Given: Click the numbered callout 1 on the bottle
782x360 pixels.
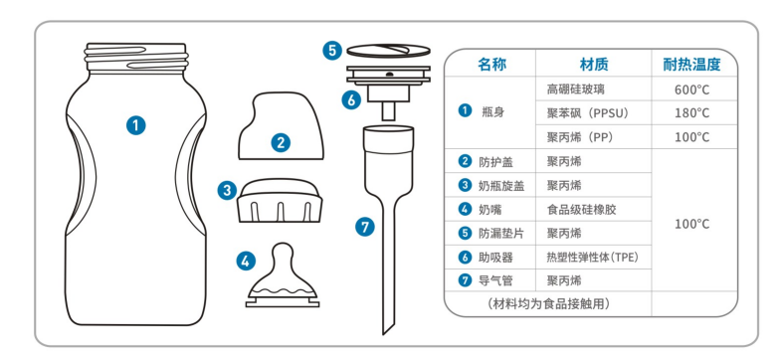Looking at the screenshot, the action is click(135, 124).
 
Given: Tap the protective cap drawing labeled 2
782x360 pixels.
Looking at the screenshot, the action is click(282, 125).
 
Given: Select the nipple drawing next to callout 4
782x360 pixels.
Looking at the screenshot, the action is click(283, 274).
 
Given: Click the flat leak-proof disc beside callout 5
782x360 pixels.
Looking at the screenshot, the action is click(388, 50).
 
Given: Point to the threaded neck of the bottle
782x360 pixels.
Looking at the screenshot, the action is click(136, 58).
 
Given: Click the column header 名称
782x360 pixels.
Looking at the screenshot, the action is click(491, 65).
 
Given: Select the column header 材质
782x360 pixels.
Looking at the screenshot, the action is click(594, 65).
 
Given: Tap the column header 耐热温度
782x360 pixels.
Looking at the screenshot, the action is click(691, 65).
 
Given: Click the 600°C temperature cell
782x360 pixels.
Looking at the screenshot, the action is click(691, 90).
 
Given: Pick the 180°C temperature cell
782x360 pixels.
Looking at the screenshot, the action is click(691, 113).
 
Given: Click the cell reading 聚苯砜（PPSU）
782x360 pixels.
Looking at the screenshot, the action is click(588, 113).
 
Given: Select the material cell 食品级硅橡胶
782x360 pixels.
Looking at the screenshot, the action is click(581, 210).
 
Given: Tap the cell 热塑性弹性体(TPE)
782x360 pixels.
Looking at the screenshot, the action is click(593, 258).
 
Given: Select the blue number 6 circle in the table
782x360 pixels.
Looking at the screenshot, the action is click(465, 258).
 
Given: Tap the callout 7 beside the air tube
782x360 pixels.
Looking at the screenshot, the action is click(364, 228).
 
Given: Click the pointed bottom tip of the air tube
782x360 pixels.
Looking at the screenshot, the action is click(383, 334).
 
